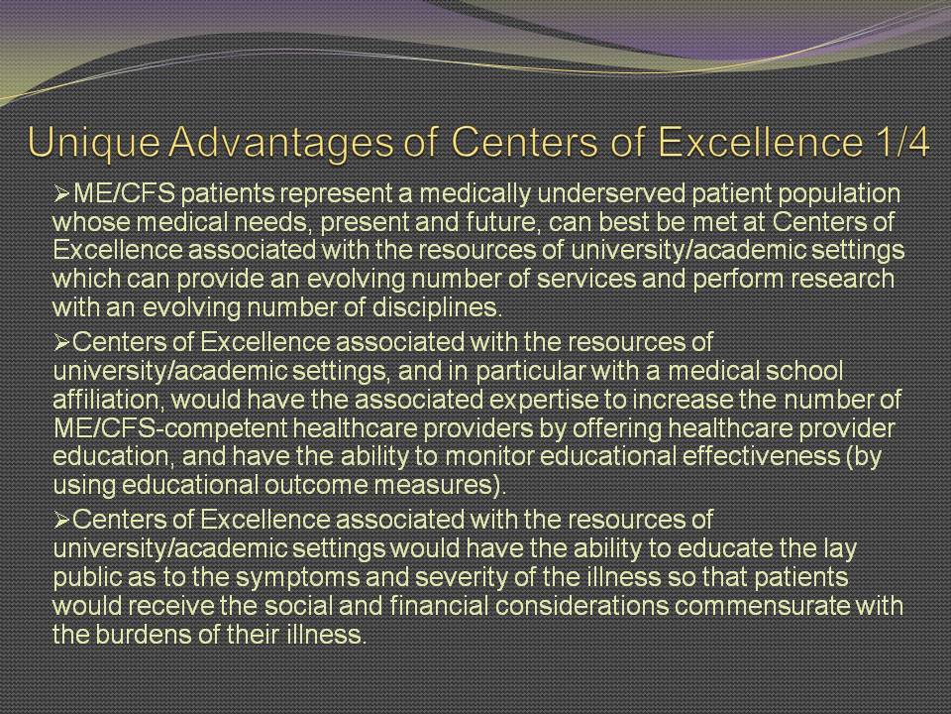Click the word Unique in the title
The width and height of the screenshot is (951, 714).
pos(94,143)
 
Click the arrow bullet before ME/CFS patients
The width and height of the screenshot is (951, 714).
pos(62,194)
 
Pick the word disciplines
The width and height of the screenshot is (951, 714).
pos(437,308)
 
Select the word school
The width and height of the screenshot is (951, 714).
pos(802,371)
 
